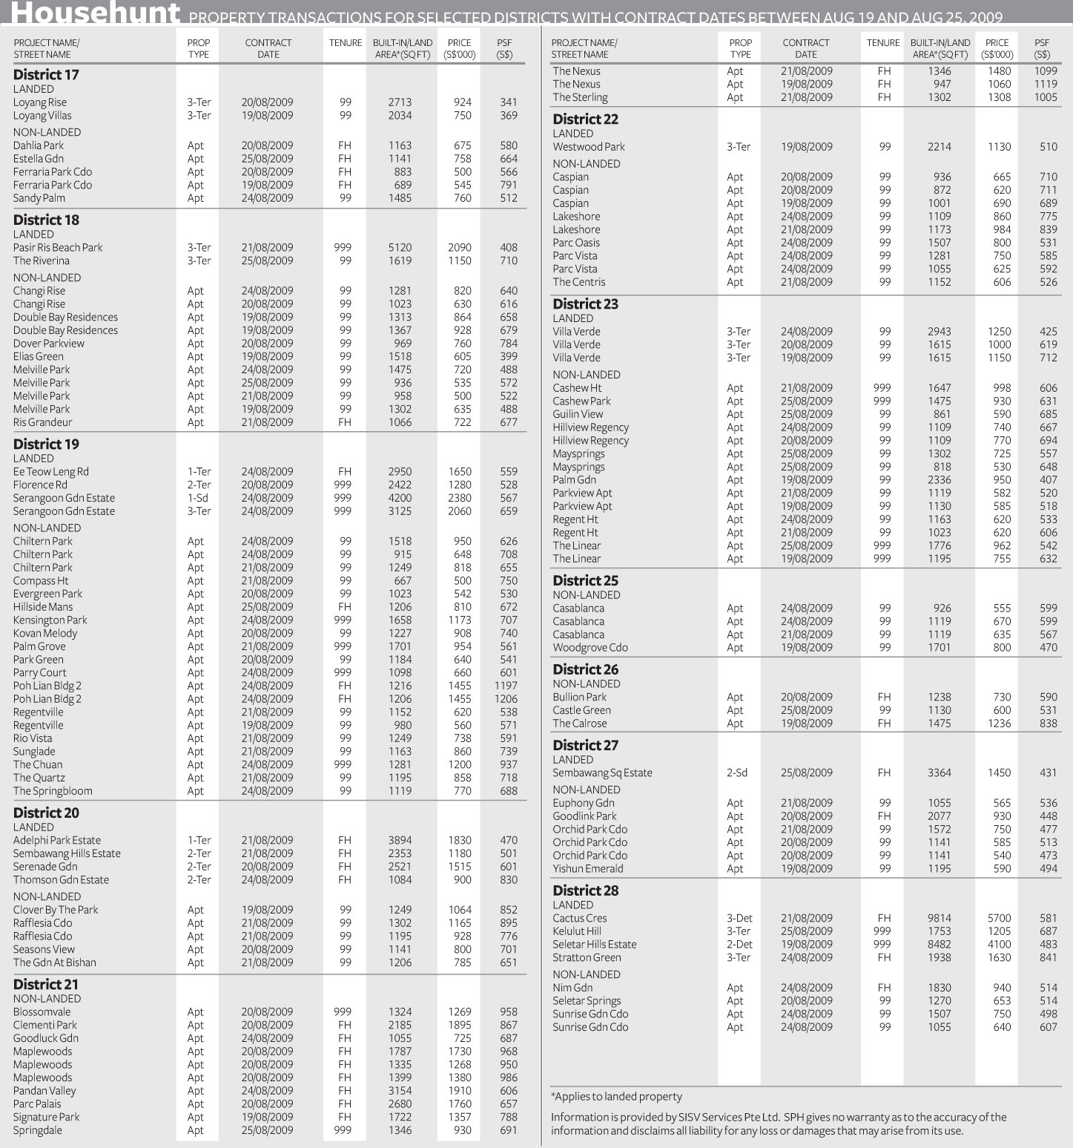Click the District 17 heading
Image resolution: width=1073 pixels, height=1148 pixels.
coord(46,75)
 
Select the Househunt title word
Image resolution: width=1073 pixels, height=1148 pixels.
coord(96,13)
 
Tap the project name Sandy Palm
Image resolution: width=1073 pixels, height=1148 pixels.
coord(39,198)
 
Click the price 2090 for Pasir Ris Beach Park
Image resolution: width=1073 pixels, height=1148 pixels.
coord(460,248)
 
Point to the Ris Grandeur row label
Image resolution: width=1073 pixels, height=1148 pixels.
coord(43,422)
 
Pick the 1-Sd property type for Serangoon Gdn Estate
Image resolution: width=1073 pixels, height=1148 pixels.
coord(198,498)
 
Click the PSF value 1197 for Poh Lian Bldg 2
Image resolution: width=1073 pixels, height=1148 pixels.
coord(506,686)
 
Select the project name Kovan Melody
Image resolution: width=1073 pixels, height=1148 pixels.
coord(45,633)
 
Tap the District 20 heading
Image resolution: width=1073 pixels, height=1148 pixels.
coord(46,813)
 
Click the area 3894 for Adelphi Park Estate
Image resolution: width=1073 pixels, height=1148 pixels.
coord(400,841)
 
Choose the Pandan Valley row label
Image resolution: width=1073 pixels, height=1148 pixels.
coord(44,1091)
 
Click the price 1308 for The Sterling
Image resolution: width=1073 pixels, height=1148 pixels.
coord(999,97)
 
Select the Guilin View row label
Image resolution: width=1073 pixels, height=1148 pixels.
coord(578,414)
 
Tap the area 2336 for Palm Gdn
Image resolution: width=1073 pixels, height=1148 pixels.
coord(940,480)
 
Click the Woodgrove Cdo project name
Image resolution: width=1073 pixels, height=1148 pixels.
coord(590,648)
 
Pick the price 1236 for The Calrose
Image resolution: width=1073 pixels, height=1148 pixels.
coord(999,724)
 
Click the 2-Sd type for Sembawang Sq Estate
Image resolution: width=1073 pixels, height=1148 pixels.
coord(737,773)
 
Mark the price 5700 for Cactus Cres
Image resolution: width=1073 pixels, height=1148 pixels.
coord(999,919)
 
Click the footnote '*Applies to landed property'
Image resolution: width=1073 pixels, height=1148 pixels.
coord(616,1097)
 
